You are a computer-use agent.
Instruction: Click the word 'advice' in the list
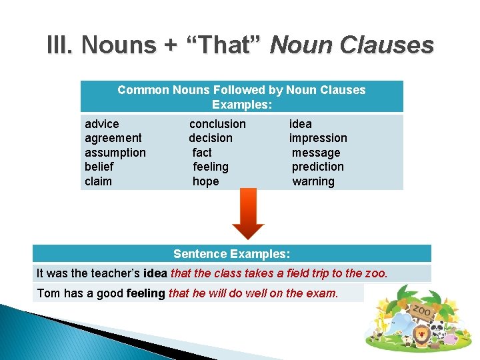click(102, 124)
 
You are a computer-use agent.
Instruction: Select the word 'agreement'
click(113, 138)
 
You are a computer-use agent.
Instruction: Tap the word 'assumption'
click(115, 153)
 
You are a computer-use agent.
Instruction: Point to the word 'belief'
click(99, 167)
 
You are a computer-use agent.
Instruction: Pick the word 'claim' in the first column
click(99, 181)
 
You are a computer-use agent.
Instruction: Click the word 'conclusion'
click(217, 124)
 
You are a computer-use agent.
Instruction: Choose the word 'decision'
click(211, 138)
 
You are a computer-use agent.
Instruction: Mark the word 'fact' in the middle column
click(202, 153)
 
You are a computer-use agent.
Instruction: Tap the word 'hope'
click(205, 181)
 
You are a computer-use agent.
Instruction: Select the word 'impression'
click(318, 138)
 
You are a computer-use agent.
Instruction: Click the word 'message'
click(316, 153)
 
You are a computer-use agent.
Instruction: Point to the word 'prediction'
click(318, 167)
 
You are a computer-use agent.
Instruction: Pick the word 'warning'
click(313, 181)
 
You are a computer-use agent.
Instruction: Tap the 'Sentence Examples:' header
click(231, 254)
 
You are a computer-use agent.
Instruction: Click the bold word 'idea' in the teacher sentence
click(155, 273)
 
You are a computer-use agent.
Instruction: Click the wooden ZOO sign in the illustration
click(421, 311)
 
